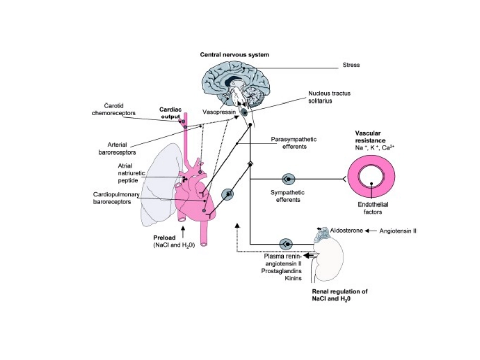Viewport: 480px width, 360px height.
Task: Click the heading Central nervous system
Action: point(234,54)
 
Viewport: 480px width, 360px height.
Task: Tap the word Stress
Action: point(351,65)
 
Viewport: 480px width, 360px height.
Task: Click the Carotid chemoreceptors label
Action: point(110,109)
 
